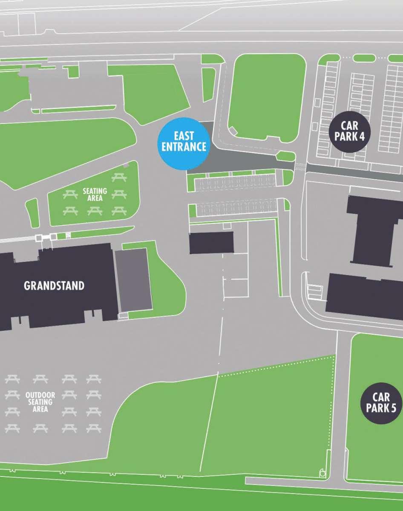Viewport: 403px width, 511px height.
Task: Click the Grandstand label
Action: click(54, 286)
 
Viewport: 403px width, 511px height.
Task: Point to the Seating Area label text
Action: click(95, 195)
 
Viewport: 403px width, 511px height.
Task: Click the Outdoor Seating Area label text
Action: click(40, 402)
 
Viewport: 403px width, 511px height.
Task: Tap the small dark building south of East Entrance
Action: click(211, 243)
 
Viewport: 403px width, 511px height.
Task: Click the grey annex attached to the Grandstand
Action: click(133, 279)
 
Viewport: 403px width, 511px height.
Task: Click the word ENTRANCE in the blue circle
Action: click(184, 147)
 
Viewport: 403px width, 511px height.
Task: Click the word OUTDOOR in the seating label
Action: click(40, 395)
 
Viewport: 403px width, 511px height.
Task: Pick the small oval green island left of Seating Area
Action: click(32, 212)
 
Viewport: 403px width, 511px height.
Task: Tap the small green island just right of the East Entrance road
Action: click(285, 156)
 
